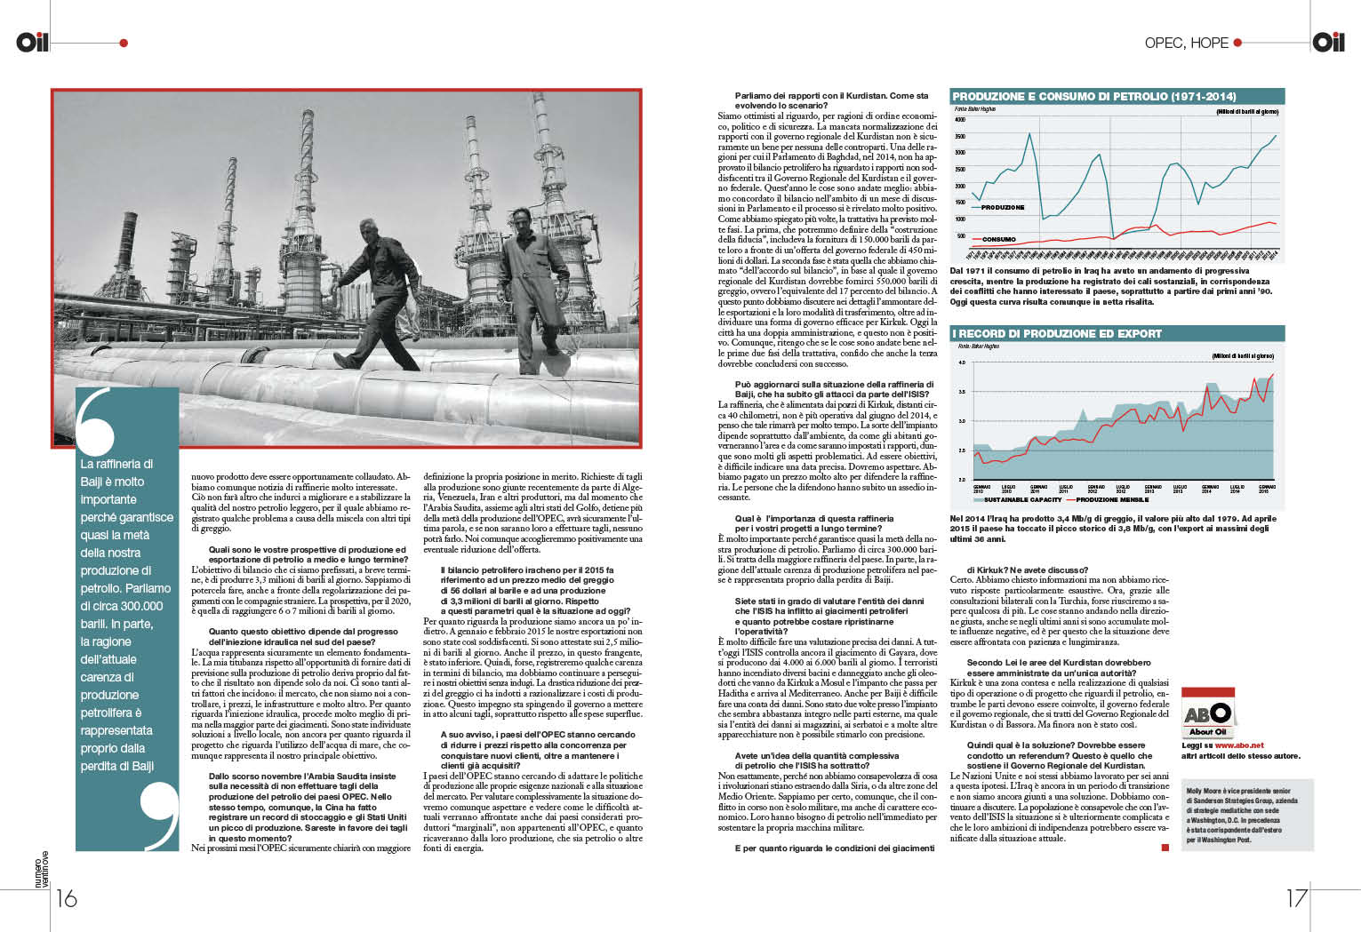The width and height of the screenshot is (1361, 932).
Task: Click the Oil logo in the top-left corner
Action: [32, 42]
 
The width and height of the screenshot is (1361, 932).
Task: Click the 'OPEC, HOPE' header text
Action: [1186, 43]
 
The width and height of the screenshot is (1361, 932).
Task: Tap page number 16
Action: [67, 898]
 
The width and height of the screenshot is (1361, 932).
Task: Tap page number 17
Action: [1297, 898]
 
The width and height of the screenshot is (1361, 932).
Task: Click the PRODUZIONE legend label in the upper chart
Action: [1003, 207]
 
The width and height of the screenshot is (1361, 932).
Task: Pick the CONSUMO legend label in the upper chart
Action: [998, 239]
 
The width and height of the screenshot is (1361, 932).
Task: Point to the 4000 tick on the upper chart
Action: [960, 119]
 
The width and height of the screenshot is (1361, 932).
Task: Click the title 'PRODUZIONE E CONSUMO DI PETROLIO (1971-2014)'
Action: [1093, 96]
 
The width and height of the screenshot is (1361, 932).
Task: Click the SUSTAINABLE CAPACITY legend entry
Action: [1022, 499]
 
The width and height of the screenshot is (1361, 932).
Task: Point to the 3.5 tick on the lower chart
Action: [962, 391]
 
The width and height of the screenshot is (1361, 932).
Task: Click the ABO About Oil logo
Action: [1207, 714]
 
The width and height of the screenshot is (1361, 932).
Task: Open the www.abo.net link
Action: [1238, 745]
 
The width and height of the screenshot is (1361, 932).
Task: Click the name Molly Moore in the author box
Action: [1205, 791]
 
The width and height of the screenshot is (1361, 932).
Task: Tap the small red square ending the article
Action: [1165, 848]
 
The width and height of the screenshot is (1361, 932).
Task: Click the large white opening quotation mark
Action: [96, 425]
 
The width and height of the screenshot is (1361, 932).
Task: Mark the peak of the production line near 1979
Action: [1029, 133]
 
